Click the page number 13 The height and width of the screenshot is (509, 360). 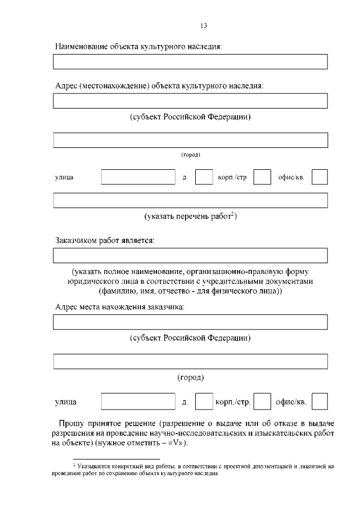pyautogui.click(x=204, y=25)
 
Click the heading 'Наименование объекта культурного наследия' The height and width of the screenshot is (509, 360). pyautogui.click(x=138, y=46)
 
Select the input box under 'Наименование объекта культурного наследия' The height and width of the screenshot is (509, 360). pyautogui.click(x=190, y=62)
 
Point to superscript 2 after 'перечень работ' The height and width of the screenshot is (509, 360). pyautogui.click(x=232, y=214)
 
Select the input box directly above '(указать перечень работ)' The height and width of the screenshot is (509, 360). pyautogui.click(x=190, y=200)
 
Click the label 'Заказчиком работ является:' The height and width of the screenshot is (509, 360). pyautogui.click(x=105, y=240)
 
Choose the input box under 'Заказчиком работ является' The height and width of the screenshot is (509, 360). pyautogui.click(x=190, y=256)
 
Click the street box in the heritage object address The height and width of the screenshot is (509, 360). pyautogui.click(x=138, y=177)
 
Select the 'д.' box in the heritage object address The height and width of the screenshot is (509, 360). pyautogui.click(x=204, y=177)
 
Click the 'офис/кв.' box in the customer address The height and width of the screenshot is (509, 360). pyautogui.click(x=319, y=402)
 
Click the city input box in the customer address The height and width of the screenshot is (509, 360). pyautogui.click(x=190, y=361)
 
